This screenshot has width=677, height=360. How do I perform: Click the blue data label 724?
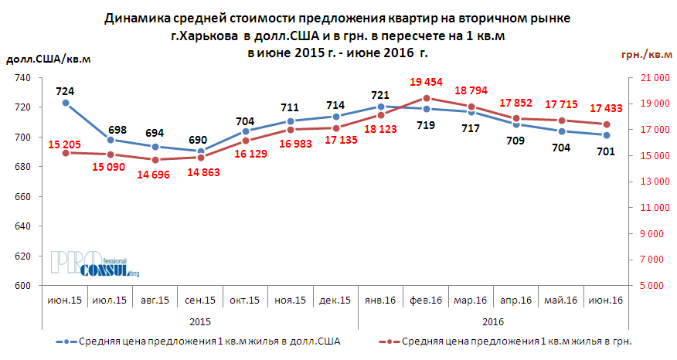pyautogui.click(x=66, y=91)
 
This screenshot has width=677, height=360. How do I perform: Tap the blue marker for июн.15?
pyautogui.click(x=66, y=103)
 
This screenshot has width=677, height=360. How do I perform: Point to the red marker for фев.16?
pyautogui.click(x=426, y=98)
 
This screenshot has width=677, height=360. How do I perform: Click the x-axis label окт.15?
pyautogui.click(x=245, y=301)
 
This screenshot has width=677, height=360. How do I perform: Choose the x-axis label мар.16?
pyautogui.click(x=471, y=301)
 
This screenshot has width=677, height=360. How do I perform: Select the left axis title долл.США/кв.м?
pyautogui.click(x=48, y=60)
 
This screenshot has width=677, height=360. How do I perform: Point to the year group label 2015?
pyautogui.click(x=200, y=319)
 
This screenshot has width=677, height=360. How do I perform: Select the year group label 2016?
pyautogui.click(x=493, y=319)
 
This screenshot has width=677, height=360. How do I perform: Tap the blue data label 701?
pyautogui.click(x=606, y=151)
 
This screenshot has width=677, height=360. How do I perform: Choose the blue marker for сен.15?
pyautogui.click(x=201, y=151)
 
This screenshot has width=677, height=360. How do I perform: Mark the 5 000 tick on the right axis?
pyautogui.click(x=648, y=286)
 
